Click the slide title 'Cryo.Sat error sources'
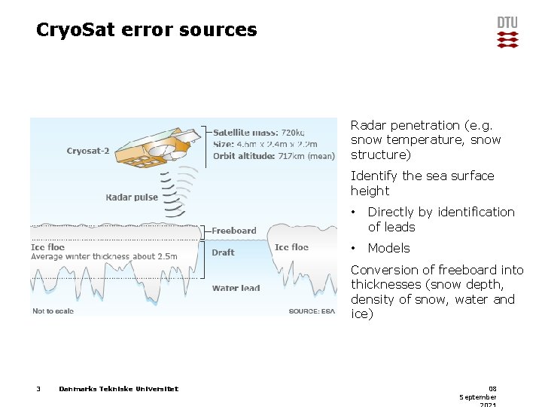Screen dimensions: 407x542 [x=147, y=30]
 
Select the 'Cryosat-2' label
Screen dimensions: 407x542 [x=88, y=151]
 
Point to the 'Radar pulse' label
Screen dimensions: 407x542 [x=132, y=197]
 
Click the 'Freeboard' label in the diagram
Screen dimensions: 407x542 [x=234, y=231]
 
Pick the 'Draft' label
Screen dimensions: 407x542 [x=223, y=252]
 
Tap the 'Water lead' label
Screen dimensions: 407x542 [x=236, y=288]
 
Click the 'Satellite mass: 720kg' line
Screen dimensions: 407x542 [x=258, y=132]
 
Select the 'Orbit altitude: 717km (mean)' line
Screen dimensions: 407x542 [x=273, y=156]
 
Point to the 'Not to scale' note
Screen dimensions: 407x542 [x=53, y=311]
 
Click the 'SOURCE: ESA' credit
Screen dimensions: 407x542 [x=312, y=311]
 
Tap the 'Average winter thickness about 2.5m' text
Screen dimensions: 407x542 [x=104, y=256]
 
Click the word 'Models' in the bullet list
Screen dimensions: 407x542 [x=388, y=248]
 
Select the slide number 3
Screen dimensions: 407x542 [x=38, y=389]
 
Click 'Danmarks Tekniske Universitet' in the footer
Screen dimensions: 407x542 [x=118, y=389]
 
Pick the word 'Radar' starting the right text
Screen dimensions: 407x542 [x=367, y=125]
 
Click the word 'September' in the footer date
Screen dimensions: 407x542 [x=478, y=396]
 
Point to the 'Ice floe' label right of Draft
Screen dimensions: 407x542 [x=291, y=247]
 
